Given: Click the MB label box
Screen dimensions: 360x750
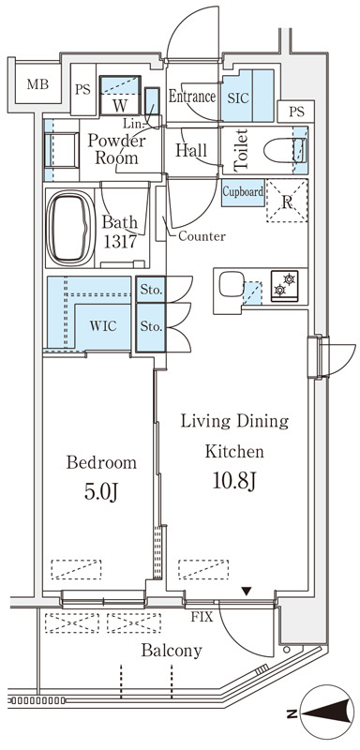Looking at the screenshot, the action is click(x=37, y=85).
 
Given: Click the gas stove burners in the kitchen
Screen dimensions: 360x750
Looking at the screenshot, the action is click(x=284, y=286).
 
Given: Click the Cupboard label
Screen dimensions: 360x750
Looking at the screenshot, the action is click(x=243, y=192).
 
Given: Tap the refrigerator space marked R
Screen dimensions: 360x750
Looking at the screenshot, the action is click(x=287, y=201).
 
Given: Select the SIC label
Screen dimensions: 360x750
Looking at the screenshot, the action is click(x=237, y=98).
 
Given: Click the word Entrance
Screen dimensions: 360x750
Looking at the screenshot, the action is click(x=192, y=97).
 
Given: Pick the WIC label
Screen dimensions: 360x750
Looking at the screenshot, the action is click(x=103, y=326).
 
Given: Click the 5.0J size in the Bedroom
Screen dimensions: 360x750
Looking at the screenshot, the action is click(x=101, y=491).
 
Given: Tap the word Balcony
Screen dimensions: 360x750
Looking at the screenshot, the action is click(x=172, y=651).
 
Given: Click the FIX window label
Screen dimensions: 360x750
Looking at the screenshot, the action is click(x=202, y=617).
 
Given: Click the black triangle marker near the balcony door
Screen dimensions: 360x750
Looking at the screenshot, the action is click(x=247, y=592).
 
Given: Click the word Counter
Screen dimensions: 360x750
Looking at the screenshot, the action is click(x=202, y=236).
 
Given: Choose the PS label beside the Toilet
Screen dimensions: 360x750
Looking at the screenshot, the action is click(x=296, y=112).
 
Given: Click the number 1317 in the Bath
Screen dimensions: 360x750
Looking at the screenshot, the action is click(x=121, y=241).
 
